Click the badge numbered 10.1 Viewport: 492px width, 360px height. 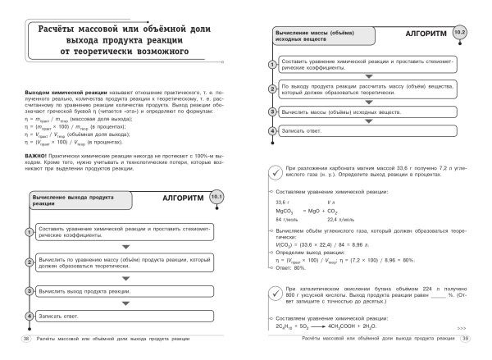click(x=216, y=197)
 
